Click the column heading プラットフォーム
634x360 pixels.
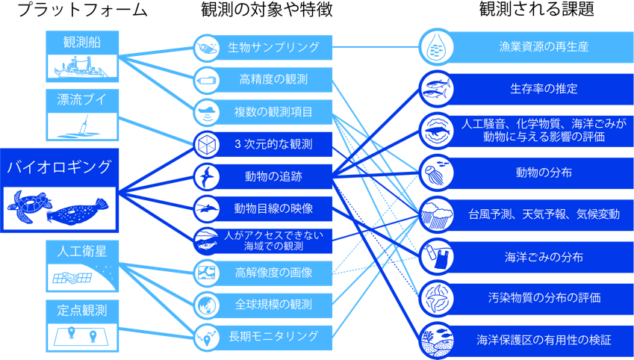[83, 10]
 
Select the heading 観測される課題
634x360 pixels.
[538, 9]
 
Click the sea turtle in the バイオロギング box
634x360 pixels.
[28, 206]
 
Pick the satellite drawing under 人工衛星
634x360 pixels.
[72, 278]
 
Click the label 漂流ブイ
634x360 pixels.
[82, 99]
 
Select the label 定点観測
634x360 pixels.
[82, 310]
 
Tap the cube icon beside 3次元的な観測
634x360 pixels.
[207, 144]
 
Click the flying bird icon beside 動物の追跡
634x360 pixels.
[207, 177]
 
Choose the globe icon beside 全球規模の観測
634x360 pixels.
[207, 305]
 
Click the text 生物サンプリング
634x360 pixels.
[274, 47]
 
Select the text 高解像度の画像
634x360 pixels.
[274, 273]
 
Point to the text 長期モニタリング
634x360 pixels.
[274, 336]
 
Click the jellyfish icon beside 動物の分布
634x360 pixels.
[435, 173]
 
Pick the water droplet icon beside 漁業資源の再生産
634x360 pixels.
[435, 47]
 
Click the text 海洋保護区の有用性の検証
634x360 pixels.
[544, 340]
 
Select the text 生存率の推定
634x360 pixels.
[544, 89]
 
